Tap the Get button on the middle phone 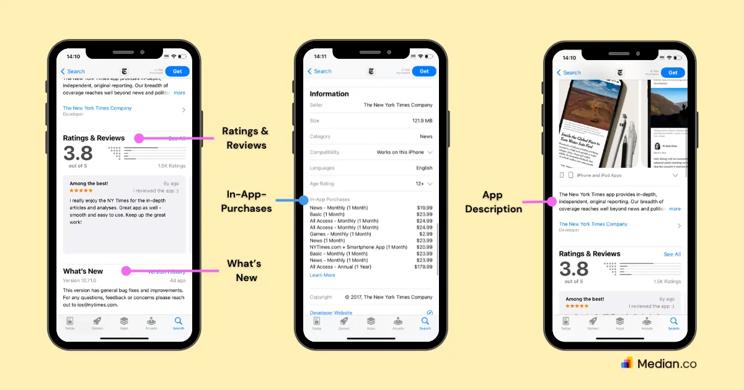point(424,71)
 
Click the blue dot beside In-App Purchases point(303,200)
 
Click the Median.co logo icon point(627,363)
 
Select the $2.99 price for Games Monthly point(425,234)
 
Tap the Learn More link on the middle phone point(322,275)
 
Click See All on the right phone point(672,254)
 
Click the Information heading point(329,94)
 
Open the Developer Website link point(331,313)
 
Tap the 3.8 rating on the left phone point(78,153)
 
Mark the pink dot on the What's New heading point(126,271)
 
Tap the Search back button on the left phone point(73,71)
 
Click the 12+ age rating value point(420,184)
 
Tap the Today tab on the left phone point(70,323)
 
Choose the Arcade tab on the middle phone point(398,323)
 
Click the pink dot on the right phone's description point(550,201)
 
